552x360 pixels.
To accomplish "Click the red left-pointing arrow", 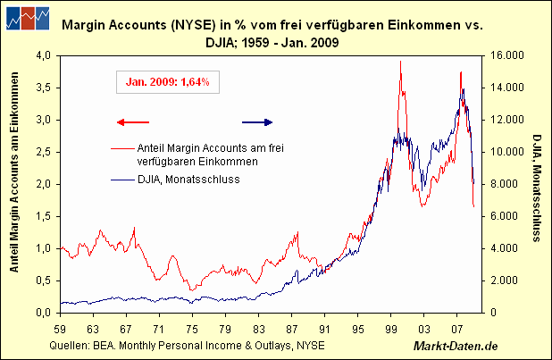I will tap(133, 122).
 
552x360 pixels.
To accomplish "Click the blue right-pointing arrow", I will tap(260, 122).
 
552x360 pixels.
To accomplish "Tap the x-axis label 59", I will tap(62, 328).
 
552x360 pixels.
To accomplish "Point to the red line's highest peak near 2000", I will tap(400, 62).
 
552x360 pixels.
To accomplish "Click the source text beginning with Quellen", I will tap(188, 345).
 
